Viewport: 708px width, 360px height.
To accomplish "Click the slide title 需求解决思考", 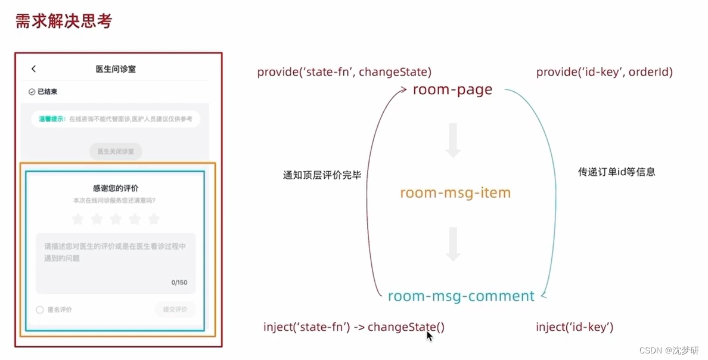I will click(64, 21).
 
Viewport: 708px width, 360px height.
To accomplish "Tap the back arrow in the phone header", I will click(34, 69).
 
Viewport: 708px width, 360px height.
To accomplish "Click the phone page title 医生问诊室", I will click(116, 69).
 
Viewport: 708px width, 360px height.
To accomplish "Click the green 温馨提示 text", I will click(52, 119).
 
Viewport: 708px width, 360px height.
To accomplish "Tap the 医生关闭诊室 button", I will click(116, 151).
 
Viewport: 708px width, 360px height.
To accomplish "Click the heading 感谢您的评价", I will click(116, 188).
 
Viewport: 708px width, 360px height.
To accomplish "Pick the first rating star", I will click(77, 219).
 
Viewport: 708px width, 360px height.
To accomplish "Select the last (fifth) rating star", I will click(154, 219).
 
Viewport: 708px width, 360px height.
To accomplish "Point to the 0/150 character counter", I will click(179, 283).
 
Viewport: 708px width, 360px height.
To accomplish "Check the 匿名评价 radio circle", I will click(40, 310).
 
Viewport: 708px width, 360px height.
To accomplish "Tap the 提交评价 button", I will click(175, 309).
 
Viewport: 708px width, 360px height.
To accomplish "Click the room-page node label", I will click(453, 90).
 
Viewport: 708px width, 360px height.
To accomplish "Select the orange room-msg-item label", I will click(455, 193).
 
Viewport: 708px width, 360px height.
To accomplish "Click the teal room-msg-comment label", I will click(461, 296).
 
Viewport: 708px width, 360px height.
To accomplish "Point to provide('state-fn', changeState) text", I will click(344, 72).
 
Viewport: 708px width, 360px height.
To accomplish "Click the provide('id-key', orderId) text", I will click(604, 72).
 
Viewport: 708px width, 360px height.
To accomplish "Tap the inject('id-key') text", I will click(575, 327).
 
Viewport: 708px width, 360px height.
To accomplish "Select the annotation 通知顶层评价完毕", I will click(322, 176).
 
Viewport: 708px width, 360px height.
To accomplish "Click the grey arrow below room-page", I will click(453, 141).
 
